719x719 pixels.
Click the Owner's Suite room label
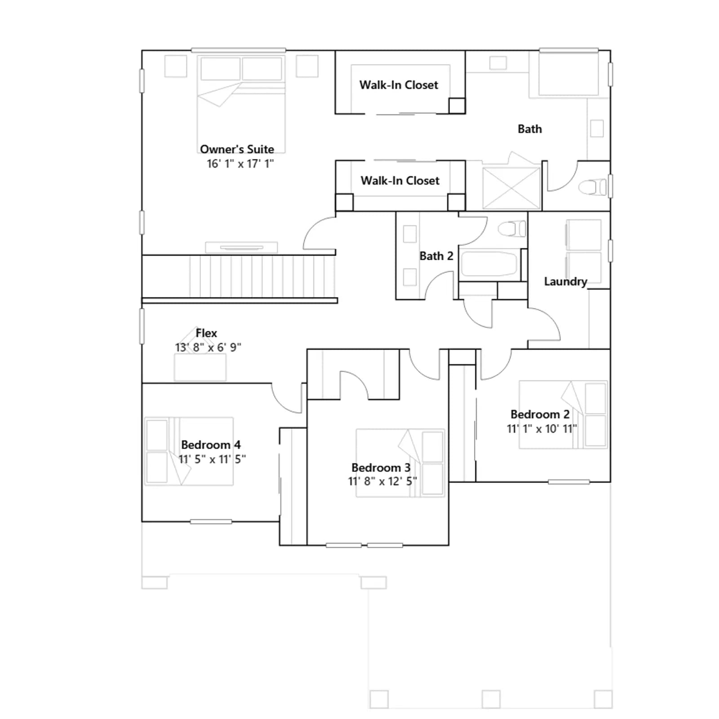237,149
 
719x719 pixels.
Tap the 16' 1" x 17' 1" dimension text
240,164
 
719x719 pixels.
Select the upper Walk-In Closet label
399,85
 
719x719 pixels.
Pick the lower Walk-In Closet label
400,181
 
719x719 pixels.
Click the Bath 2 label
436,256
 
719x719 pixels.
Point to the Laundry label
565,282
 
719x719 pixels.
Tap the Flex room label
206,333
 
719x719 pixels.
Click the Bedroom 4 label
211,445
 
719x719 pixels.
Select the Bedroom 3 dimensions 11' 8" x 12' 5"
382,482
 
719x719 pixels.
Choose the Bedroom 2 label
540,414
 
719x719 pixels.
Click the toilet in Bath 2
512,229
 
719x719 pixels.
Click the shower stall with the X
511,188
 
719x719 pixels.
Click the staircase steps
262,276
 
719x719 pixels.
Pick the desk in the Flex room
200,368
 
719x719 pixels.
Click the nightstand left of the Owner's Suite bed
176,66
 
